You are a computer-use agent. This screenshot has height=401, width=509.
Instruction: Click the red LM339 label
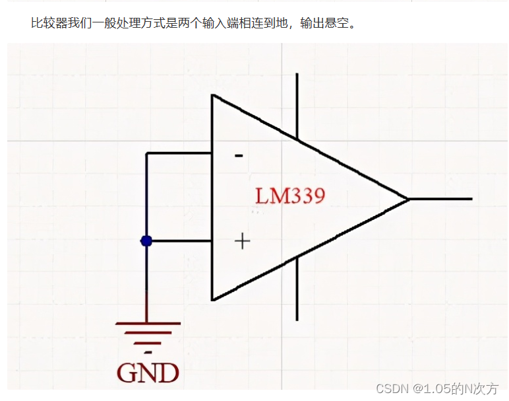click(290, 196)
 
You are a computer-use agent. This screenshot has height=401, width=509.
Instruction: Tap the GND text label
click(148, 373)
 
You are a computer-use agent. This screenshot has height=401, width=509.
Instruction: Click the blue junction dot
click(146, 241)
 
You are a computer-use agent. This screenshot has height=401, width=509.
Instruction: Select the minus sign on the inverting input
click(239, 156)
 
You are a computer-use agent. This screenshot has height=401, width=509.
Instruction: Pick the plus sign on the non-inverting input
click(243, 241)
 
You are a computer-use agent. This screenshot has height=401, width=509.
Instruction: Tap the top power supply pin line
click(297, 106)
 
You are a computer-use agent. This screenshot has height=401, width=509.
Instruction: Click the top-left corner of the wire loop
click(146, 153)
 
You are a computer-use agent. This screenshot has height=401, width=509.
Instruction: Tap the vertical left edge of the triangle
click(212, 198)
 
